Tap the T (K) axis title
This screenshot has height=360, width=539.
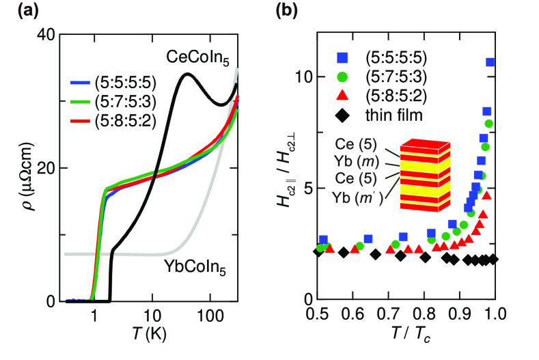[x=148, y=337]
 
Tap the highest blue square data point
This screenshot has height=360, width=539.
[x=490, y=62]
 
